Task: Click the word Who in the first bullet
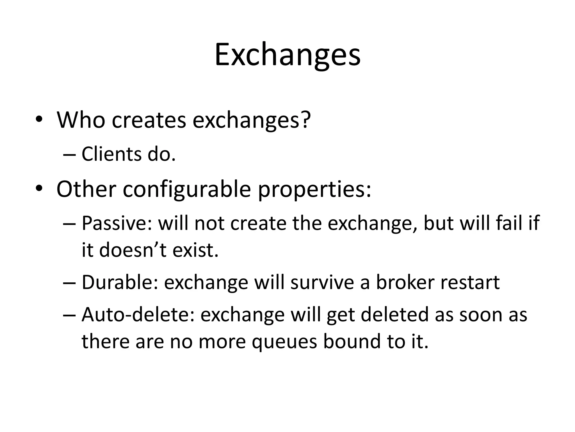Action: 81,120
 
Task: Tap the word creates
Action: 149,120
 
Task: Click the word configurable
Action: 187,189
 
